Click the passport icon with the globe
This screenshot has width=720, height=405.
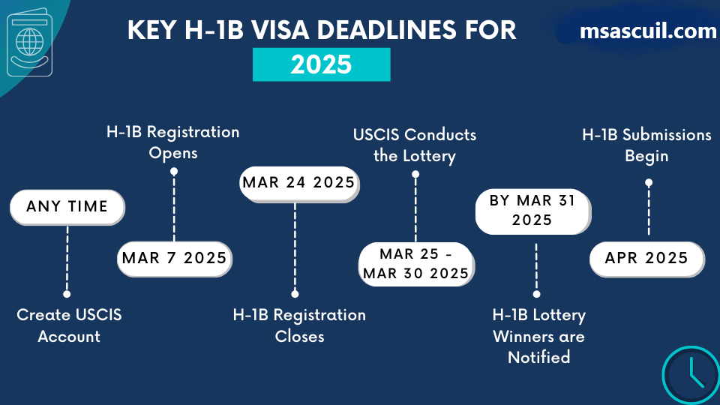click(x=29, y=42)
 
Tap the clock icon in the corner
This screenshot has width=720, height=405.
click(x=691, y=375)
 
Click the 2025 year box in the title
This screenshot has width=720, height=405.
click(x=322, y=64)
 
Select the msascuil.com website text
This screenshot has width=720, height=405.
click(x=648, y=31)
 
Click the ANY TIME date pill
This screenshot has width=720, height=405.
click(x=67, y=207)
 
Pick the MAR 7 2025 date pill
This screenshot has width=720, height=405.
click(x=175, y=259)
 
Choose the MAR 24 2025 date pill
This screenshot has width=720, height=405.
click(x=299, y=184)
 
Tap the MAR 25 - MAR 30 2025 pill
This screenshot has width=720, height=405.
click(x=416, y=264)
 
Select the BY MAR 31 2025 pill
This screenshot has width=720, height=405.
click(x=532, y=211)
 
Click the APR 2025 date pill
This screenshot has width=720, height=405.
click(x=646, y=259)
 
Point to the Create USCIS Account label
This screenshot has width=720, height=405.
click(x=69, y=325)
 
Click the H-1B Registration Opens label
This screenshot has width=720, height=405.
click(x=173, y=142)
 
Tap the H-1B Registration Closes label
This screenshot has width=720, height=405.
click(x=299, y=325)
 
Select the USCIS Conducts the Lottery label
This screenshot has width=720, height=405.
click(x=415, y=145)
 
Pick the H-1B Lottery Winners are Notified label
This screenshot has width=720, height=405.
click(x=539, y=336)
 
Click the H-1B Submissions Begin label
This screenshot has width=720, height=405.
click(x=646, y=145)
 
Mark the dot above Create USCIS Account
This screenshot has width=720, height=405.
click(x=67, y=294)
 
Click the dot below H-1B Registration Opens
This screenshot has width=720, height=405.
click(x=174, y=171)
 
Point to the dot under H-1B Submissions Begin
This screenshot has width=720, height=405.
click(x=649, y=183)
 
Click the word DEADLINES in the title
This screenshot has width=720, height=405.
click(x=387, y=30)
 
